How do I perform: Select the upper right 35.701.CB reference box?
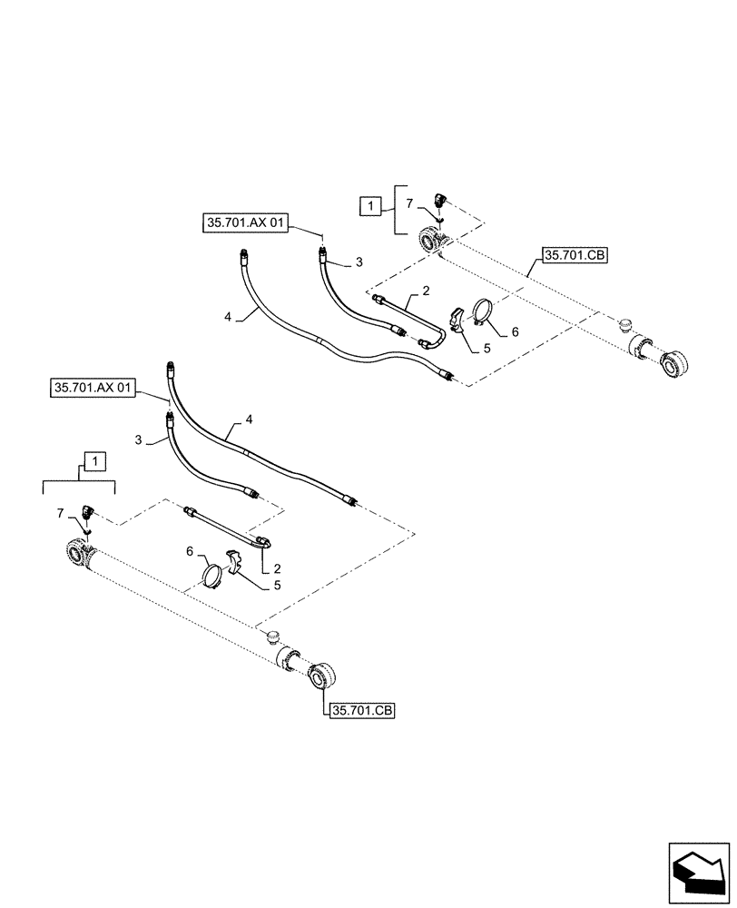click(x=575, y=255)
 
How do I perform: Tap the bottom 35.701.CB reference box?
click(x=362, y=711)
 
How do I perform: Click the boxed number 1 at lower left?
click(x=95, y=462)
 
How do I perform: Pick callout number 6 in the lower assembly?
click(x=191, y=551)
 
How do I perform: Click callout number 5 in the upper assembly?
click(x=486, y=349)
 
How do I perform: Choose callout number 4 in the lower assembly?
click(x=248, y=420)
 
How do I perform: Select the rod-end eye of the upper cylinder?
click(x=677, y=365)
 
